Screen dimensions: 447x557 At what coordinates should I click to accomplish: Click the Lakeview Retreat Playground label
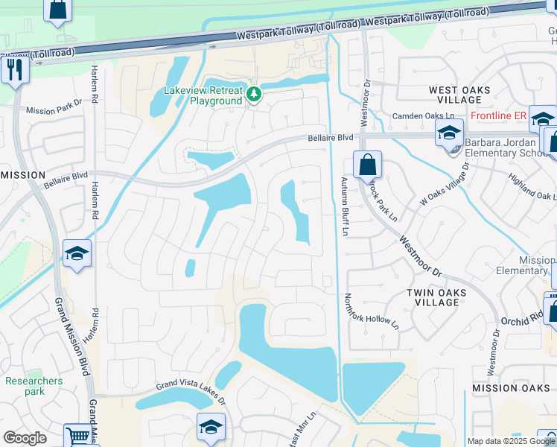pos(203,95)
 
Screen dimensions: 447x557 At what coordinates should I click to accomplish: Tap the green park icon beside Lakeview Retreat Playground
pos(254,95)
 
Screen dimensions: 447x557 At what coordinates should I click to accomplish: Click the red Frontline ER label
pos(498,115)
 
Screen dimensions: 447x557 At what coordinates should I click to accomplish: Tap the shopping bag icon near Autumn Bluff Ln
pos(367,165)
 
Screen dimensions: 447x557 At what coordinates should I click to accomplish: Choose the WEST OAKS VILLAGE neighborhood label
pos(459,95)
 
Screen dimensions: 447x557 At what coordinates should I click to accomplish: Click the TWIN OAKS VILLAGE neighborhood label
pos(437,298)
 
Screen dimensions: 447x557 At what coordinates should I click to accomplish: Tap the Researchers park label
pos(34,386)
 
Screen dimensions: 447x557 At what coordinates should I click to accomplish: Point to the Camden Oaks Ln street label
pos(424,116)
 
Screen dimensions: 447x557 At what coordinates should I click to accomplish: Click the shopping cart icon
pos(77,435)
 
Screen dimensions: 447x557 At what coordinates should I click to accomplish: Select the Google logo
pos(25,438)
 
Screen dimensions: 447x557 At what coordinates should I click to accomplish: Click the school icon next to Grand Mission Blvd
pos(77,254)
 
